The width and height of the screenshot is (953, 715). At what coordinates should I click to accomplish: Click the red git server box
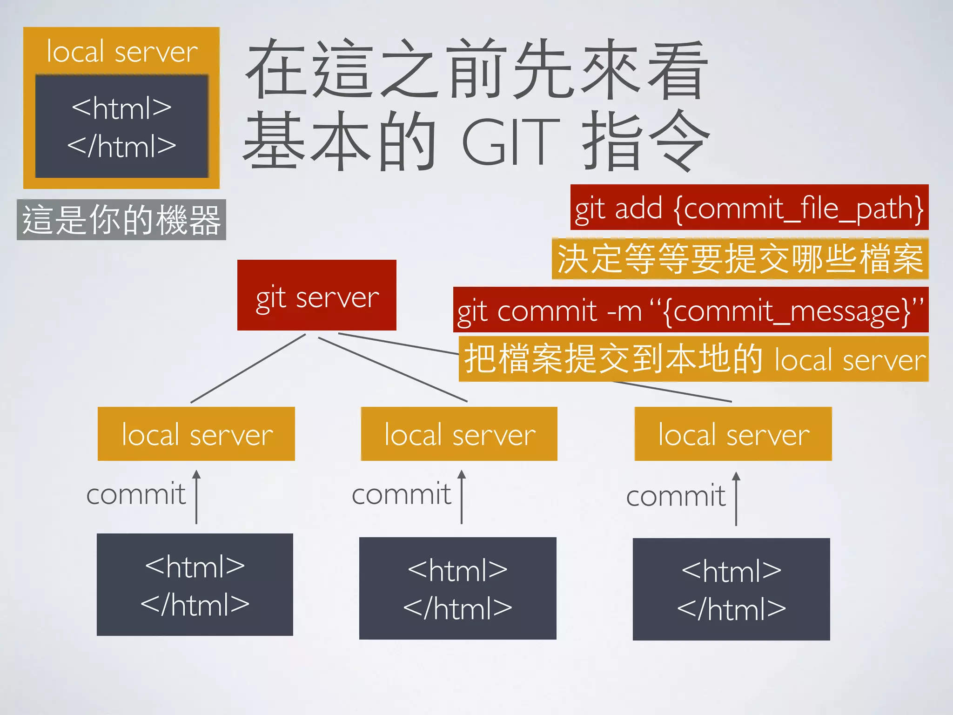317,295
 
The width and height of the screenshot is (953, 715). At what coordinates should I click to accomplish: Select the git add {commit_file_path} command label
749,208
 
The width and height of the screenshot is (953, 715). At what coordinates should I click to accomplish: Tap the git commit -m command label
691,310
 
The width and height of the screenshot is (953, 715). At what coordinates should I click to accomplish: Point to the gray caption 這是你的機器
121,220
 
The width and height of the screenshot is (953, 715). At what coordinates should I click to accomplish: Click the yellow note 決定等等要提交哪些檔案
740,259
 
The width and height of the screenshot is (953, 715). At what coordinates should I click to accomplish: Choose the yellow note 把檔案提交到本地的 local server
693,359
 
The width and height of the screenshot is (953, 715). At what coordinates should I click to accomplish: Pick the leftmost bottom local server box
196,434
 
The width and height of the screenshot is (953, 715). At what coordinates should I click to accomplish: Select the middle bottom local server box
459,434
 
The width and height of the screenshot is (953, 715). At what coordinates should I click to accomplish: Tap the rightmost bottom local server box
733,434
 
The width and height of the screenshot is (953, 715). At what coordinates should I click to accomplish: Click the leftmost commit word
136,494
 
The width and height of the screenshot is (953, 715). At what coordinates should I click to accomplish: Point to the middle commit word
401,494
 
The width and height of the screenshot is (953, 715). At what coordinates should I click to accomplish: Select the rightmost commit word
676,496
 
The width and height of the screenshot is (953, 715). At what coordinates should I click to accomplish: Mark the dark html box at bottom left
195,585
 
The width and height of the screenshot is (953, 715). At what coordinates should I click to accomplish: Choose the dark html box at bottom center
458,588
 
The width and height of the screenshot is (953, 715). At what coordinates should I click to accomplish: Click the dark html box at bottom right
732,589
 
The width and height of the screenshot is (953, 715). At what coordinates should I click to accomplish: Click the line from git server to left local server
248,368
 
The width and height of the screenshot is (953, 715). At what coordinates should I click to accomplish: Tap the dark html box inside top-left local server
121,127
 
